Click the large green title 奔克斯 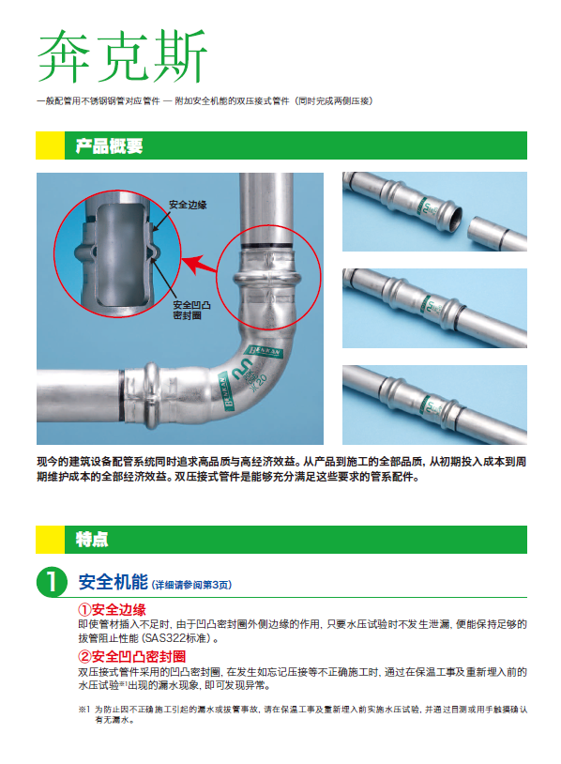pyautogui.click(x=122, y=55)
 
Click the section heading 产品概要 pyautogui.click(x=109, y=145)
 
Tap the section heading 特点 pyautogui.click(x=92, y=540)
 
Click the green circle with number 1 pyautogui.click(x=52, y=582)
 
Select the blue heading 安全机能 pyautogui.click(x=113, y=582)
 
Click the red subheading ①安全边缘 pyautogui.click(x=112, y=609)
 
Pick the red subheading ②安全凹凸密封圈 pyautogui.click(x=132, y=656)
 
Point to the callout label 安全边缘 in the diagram pyautogui.click(x=188, y=205)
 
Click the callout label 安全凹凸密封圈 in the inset pyautogui.click(x=192, y=310)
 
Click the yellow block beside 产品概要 pyautogui.click(x=50, y=145)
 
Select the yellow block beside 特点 pyautogui.click(x=50, y=540)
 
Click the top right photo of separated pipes pyautogui.click(x=434, y=211)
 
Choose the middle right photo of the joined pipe pyautogui.click(x=434, y=308)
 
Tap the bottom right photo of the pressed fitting pyautogui.click(x=434, y=405)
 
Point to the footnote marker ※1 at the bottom pyautogui.click(x=84, y=710)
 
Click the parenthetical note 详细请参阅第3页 pyautogui.click(x=192, y=585)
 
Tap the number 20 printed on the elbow pyautogui.click(x=261, y=381)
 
